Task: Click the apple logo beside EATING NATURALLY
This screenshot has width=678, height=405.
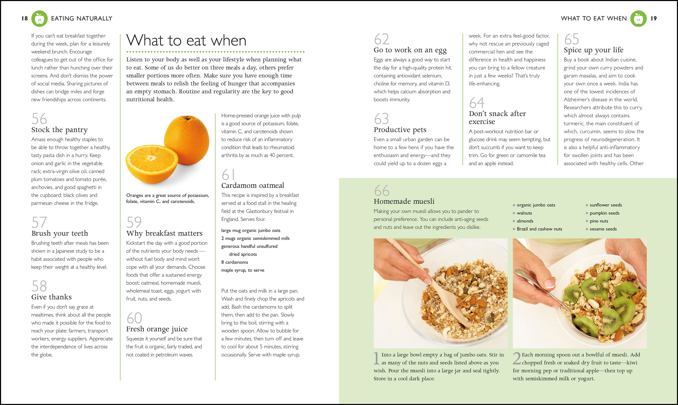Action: pyautogui.click(x=40, y=19)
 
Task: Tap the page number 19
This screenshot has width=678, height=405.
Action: pyautogui.click(x=654, y=19)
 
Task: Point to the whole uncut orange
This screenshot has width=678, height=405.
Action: pyautogui.click(x=187, y=136)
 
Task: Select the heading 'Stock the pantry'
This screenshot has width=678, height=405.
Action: pyautogui.click(x=60, y=130)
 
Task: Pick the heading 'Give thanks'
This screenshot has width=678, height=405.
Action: pyautogui.click(x=52, y=297)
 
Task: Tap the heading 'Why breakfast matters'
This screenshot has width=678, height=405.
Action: pyautogui.click(x=164, y=233)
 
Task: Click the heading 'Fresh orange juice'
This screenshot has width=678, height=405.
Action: pyautogui.click(x=157, y=329)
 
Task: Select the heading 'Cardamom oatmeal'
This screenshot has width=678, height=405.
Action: pyautogui.click(x=253, y=186)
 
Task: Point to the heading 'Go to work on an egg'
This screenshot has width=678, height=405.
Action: pyautogui.click(x=410, y=50)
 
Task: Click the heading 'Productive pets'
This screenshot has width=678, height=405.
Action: pyautogui.click(x=400, y=130)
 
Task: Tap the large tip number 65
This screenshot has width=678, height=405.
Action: pyautogui.click(x=572, y=39)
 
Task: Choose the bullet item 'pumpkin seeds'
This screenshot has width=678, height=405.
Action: pyautogui.click(x=605, y=213)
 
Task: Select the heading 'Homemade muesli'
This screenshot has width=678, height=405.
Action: pyautogui.click(x=404, y=201)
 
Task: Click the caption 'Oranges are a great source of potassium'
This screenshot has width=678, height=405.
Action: pyautogui.click(x=168, y=195)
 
